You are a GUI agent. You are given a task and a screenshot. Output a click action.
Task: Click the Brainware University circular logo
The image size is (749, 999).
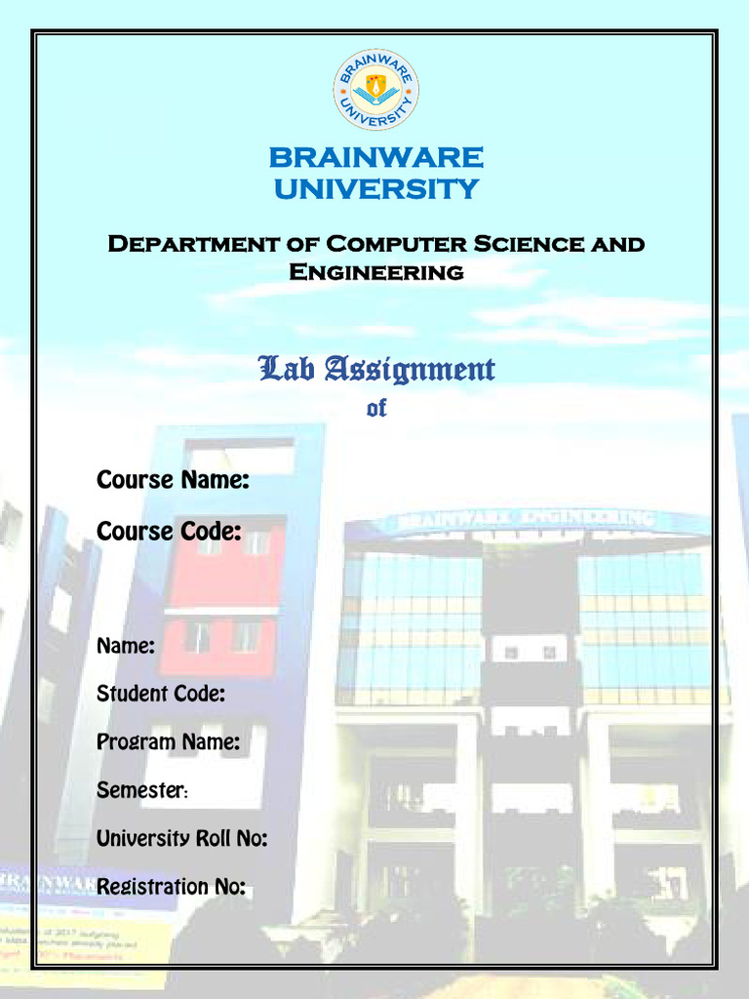[x=375, y=90]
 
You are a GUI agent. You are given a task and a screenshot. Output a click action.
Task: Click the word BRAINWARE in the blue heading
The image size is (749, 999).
[x=375, y=157]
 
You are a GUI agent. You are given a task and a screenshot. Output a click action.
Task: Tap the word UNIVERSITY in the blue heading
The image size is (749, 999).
[x=375, y=188]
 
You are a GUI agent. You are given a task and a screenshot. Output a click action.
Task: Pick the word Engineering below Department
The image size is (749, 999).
[x=375, y=272]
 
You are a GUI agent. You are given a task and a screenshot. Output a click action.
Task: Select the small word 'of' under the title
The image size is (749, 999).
[x=376, y=409]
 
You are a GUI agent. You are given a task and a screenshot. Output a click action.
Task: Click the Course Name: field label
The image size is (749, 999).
[x=173, y=480]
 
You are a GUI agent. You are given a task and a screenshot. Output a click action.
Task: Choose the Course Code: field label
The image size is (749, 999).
[x=169, y=532]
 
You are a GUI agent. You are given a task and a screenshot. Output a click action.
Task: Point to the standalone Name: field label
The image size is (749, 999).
[x=126, y=645]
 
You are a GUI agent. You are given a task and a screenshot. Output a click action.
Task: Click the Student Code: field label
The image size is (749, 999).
[x=161, y=694]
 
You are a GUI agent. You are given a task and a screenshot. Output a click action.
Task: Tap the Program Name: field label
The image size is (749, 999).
[x=168, y=741]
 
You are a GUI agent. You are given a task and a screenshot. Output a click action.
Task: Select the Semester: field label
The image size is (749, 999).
[x=142, y=789]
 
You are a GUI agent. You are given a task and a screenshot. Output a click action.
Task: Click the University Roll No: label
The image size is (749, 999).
[x=181, y=838]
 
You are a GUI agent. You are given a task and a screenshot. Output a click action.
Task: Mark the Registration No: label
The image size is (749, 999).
[x=171, y=886]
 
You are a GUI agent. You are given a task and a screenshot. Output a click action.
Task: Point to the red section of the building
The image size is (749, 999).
[x=224, y=595]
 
